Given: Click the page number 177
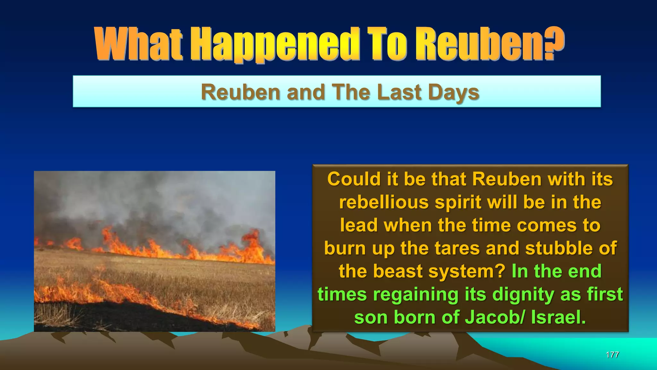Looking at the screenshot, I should (x=612, y=355).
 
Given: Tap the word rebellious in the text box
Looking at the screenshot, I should (x=384, y=202).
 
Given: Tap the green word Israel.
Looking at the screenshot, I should (x=559, y=317).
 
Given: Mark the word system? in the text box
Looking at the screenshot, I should (x=467, y=271).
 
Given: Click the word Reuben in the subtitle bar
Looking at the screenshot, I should (x=241, y=92).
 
